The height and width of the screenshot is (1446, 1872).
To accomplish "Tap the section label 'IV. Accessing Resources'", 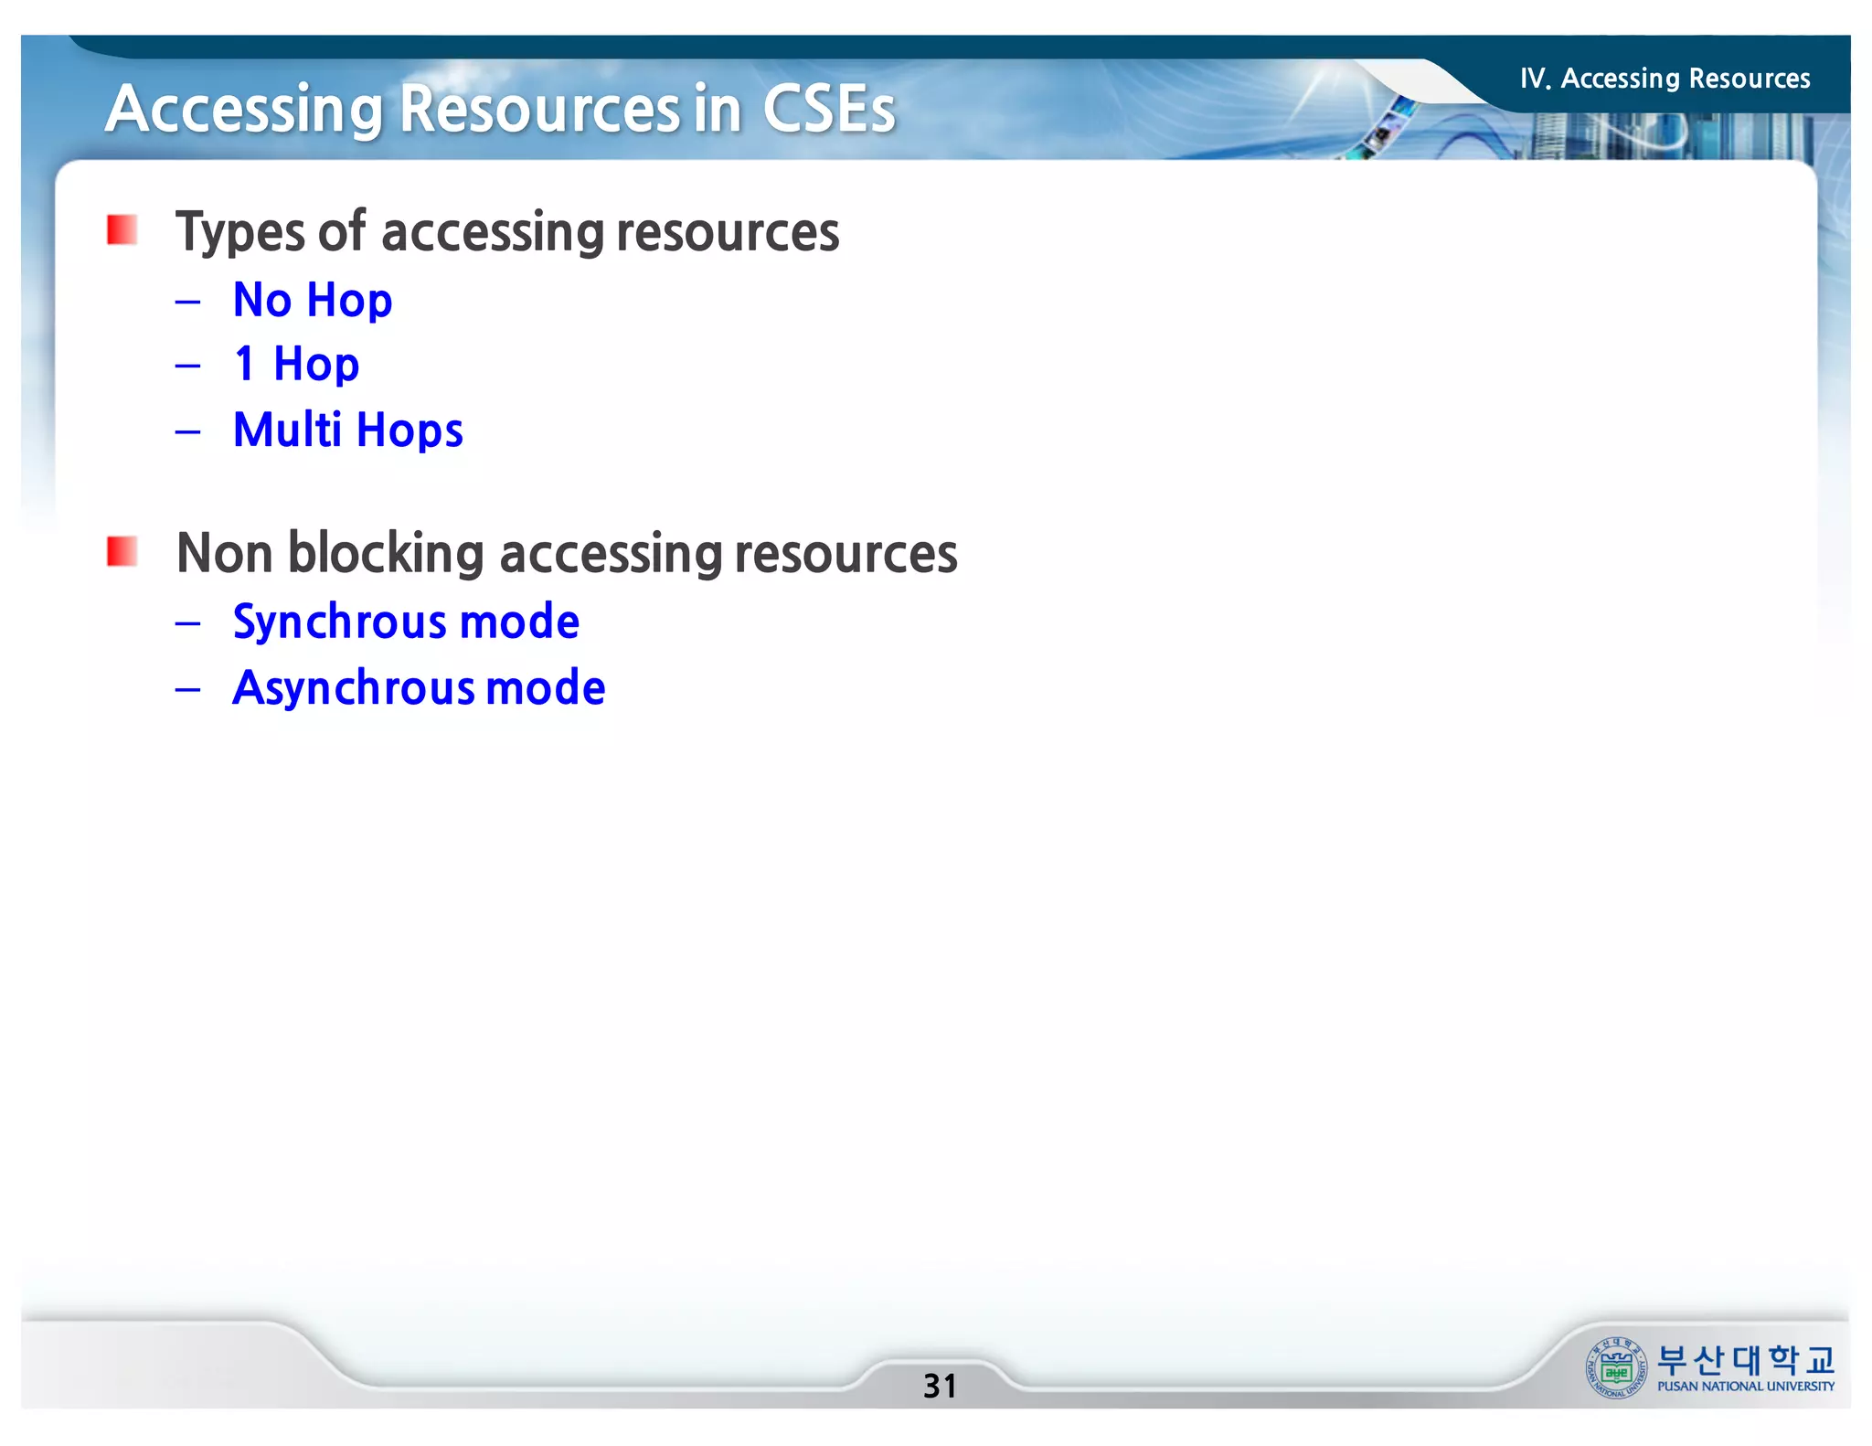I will [x=1665, y=79].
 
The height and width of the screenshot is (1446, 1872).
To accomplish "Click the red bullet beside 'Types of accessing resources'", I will [x=122, y=230].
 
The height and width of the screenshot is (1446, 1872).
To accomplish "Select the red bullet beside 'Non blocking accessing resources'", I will [x=122, y=552].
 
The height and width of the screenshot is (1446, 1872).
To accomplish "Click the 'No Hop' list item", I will [x=313, y=301].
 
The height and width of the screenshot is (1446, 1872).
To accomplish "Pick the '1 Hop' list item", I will [x=296, y=365].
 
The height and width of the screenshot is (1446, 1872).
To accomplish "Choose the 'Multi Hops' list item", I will [x=347, y=431].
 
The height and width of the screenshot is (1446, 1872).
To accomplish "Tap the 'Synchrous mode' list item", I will [x=406, y=622].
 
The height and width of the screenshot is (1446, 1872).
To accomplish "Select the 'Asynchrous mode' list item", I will [x=419, y=688].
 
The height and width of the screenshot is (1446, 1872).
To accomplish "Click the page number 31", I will [x=940, y=1386].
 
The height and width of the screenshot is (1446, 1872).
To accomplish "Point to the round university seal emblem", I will [x=1616, y=1368].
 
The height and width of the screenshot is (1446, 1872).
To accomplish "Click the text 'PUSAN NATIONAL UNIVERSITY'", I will [x=1746, y=1387].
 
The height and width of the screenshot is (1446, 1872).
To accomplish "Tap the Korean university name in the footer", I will [x=1746, y=1360].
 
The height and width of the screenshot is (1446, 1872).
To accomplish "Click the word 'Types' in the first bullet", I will [x=240, y=233].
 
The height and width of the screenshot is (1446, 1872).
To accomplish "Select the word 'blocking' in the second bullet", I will [x=386, y=554].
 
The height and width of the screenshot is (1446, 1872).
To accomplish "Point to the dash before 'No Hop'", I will [x=188, y=302].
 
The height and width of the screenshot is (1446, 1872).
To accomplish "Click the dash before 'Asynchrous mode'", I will [x=188, y=689].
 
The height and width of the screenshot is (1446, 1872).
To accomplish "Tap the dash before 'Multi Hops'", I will [x=188, y=431].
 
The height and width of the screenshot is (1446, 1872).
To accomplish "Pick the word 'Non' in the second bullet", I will [x=224, y=554].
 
